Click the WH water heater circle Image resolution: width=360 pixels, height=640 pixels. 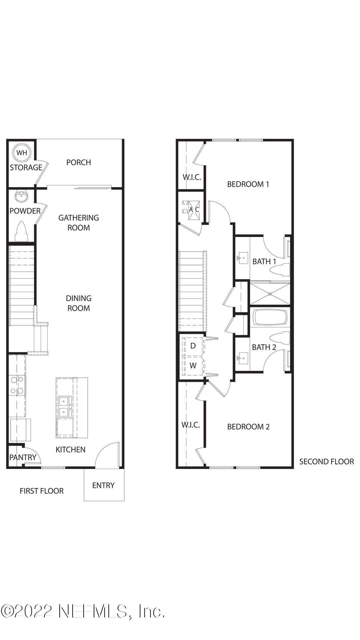[x=22, y=153]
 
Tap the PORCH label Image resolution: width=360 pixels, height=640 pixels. [x=79, y=162]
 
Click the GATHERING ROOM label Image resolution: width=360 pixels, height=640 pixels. [x=79, y=223]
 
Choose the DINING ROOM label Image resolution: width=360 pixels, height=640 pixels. [x=79, y=303]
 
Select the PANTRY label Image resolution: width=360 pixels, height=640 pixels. [x=22, y=457]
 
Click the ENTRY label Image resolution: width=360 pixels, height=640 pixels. [x=103, y=485]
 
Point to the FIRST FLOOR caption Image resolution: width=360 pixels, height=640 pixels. [x=42, y=491]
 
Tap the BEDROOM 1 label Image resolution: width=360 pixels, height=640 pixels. [x=248, y=184]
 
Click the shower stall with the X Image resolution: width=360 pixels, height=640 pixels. [x=270, y=294]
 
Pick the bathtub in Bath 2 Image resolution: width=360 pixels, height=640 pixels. [x=270, y=317]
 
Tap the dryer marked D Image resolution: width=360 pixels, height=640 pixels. [x=193, y=346]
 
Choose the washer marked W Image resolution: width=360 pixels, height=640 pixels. [x=193, y=366]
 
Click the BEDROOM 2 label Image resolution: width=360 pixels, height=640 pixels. [x=248, y=427]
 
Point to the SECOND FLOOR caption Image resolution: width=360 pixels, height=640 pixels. [x=326, y=462]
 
